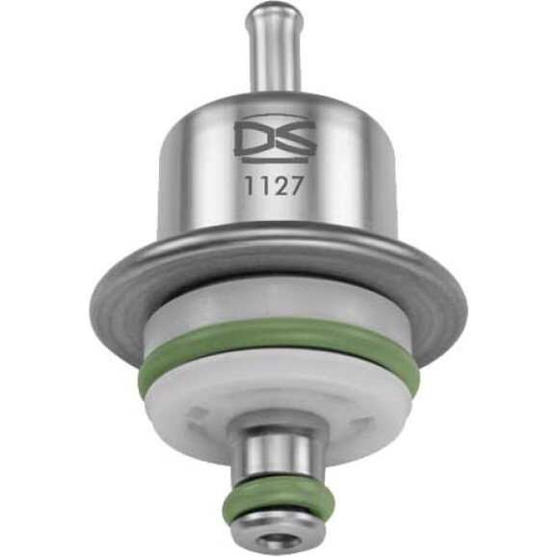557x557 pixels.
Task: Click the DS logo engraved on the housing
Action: pyautogui.click(x=275, y=139)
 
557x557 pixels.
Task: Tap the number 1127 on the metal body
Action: pyautogui.click(x=274, y=186)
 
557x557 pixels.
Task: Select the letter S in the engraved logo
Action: pyautogui.click(x=295, y=139)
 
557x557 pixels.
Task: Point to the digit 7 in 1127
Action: pyautogui.click(x=295, y=186)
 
